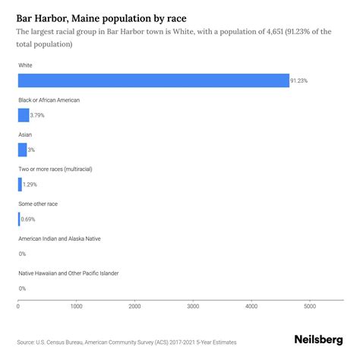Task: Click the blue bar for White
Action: coord(152,81)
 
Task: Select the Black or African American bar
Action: coord(23,115)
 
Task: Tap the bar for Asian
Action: coord(22,150)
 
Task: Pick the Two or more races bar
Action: coord(20,185)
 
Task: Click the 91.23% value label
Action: coord(300,81)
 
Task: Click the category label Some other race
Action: coord(38,204)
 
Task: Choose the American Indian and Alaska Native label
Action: coord(58,238)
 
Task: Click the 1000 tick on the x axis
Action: coord(76,306)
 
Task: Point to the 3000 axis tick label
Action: coord(193,306)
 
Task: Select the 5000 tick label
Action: coord(310,306)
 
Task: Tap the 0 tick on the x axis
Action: coord(18,306)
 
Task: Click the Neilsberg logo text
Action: coord(318,339)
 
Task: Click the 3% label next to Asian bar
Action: coord(31,150)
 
